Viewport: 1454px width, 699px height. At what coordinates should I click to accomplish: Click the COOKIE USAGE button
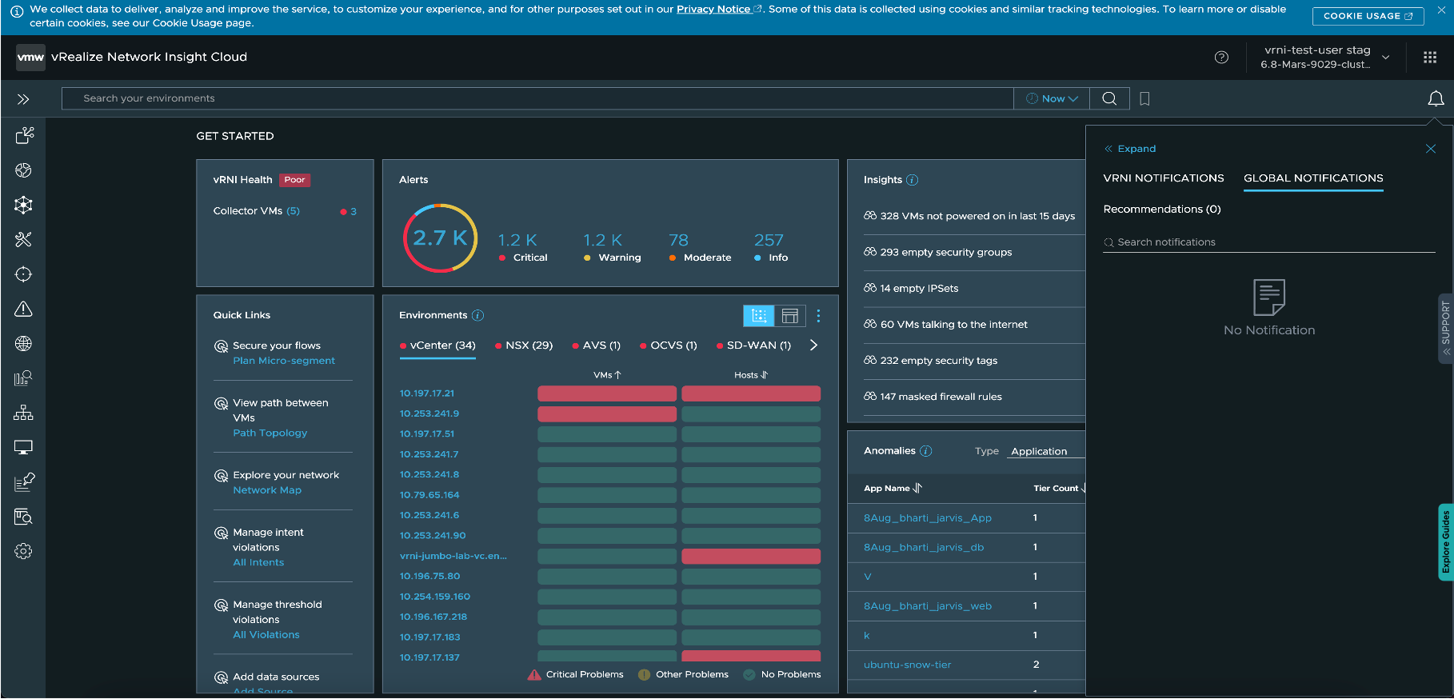1367,16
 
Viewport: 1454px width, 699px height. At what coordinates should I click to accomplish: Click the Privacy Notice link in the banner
714,10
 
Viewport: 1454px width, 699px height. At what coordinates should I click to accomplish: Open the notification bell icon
1436,98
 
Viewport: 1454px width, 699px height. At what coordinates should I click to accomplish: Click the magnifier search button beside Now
1109,98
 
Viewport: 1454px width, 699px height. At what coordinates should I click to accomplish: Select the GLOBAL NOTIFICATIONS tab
1312,178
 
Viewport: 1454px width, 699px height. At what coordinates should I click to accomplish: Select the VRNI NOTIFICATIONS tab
1163,178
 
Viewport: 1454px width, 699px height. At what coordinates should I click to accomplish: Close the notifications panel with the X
1430,149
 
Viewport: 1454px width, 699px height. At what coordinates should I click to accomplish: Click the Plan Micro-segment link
284,361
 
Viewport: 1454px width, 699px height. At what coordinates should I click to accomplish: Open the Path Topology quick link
270,433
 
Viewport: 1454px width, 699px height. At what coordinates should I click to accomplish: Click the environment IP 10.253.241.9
429,413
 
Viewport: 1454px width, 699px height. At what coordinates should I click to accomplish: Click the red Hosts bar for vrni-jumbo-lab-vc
750,556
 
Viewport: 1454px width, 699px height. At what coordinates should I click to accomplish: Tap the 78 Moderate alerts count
678,240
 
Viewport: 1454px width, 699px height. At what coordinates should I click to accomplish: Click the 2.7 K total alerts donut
440,238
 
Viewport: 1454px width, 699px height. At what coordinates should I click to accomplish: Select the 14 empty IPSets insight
918,289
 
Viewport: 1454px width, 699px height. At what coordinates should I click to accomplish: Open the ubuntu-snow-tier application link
907,665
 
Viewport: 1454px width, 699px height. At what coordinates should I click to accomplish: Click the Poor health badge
294,180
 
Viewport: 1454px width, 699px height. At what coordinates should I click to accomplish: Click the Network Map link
267,490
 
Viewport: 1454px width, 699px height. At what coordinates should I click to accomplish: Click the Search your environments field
536,98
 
